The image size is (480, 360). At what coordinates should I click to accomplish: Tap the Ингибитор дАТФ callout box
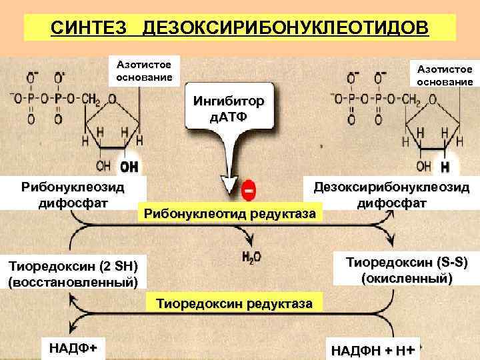(x=228, y=109)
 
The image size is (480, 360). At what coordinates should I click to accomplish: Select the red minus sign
(x=247, y=190)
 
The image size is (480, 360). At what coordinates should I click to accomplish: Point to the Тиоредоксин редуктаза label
(x=233, y=303)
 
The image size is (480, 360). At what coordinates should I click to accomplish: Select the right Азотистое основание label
(x=445, y=75)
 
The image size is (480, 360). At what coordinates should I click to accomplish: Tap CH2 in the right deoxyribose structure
(x=410, y=99)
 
